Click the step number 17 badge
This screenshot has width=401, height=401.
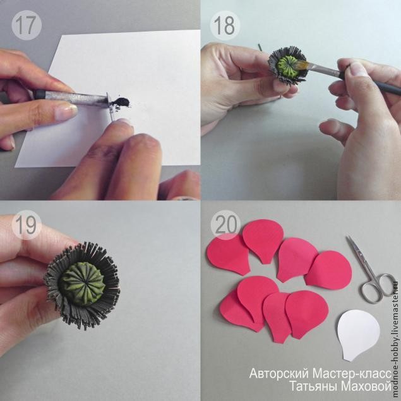pyautogui.click(x=27, y=25)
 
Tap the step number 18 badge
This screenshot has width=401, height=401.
pyautogui.click(x=225, y=25)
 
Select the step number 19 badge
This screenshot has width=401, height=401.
pyautogui.click(x=27, y=225)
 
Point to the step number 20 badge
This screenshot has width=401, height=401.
pyautogui.click(x=226, y=225)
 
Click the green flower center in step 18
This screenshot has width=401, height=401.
pyautogui.click(x=289, y=68)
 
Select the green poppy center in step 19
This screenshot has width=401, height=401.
pyautogui.click(x=82, y=284)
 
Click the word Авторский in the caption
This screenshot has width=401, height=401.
pyautogui.click(x=279, y=374)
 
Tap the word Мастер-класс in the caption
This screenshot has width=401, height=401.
pyautogui.click(x=352, y=374)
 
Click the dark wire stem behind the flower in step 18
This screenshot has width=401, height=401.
pyautogui.click(x=260, y=47)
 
